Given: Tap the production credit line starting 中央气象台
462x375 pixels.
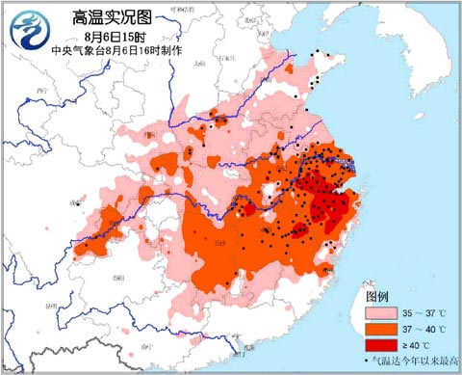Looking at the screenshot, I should (106, 49).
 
